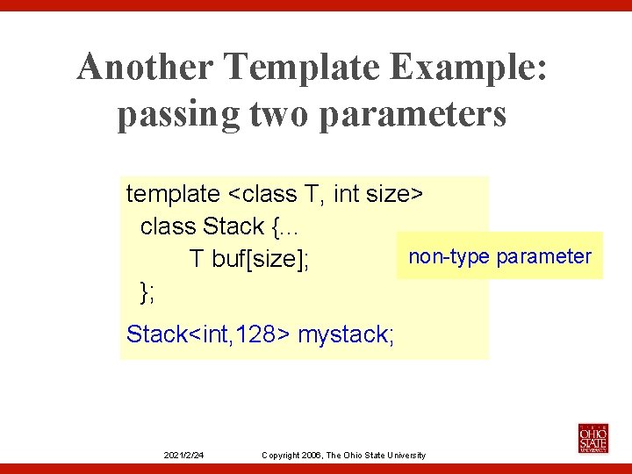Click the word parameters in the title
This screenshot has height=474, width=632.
tap(413, 115)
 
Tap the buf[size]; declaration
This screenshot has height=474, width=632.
tap(261, 260)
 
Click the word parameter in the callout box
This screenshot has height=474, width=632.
tap(544, 256)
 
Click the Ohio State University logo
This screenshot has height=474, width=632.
tap(592, 437)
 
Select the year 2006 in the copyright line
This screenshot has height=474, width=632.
tap(311, 455)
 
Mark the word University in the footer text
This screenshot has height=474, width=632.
tap(405, 455)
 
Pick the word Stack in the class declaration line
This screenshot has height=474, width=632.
tap(233, 226)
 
